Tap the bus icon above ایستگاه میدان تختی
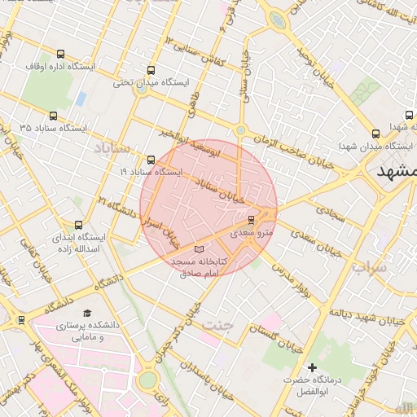[151, 70]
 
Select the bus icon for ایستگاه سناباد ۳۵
[54, 116]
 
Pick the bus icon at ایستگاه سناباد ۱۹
[151, 160]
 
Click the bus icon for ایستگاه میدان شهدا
[375, 134]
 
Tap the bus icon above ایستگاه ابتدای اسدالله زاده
[79, 225]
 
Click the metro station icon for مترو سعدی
[251, 220]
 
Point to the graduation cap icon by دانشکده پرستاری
[87, 313]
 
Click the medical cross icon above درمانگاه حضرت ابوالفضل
[312, 368]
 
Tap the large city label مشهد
[397, 173]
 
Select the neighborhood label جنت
[218, 325]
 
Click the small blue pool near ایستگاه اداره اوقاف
[81, 99]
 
